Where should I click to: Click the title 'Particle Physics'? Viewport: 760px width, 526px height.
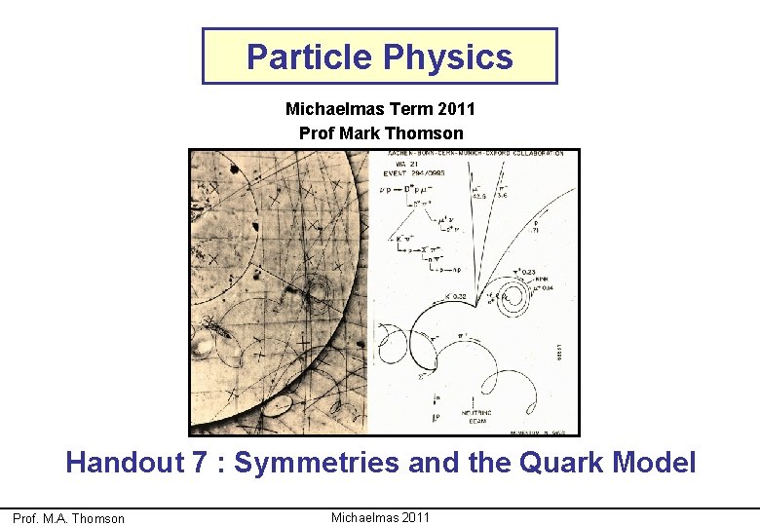[379, 57]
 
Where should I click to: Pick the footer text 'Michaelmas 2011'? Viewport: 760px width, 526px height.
[380, 517]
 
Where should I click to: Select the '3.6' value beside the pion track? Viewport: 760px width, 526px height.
[503, 195]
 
